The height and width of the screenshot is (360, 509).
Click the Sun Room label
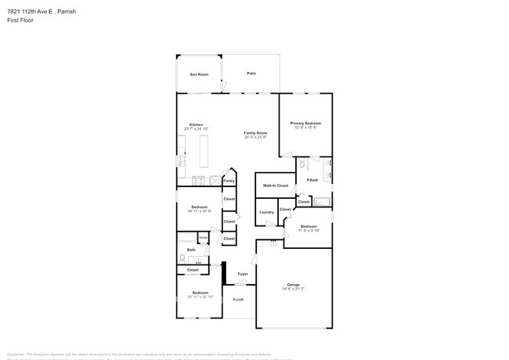pyautogui.click(x=199, y=74)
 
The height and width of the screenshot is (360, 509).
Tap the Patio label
pyautogui.click(x=251, y=74)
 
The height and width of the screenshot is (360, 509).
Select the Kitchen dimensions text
pyautogui.click(x=196, y=129)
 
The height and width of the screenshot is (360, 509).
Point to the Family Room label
pyautogui.click(x=255, y=133)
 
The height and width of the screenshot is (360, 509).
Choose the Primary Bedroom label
pyautogui.click(x=305, y=123)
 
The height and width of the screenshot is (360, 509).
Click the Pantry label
pyautogui.click(x=229, y=181)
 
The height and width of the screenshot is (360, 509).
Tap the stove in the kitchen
pyautogui.click(x=197, y=181)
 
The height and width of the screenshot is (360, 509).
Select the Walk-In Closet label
pyautogui.click(x=275, y=185)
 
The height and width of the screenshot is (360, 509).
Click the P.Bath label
pyautogui.click(x=312, y=181)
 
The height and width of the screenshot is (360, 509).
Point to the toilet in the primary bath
pyautogui.click(x=301, y=164)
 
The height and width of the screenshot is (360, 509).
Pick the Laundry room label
pyautogui.click(x=266, y=211)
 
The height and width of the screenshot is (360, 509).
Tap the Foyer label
pyautogui.click(x=243, y=274)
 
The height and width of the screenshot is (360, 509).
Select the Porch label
pyautogui.click(x=238, y=300)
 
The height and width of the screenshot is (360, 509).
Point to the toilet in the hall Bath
pyautogui.click(x=182, y=258)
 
